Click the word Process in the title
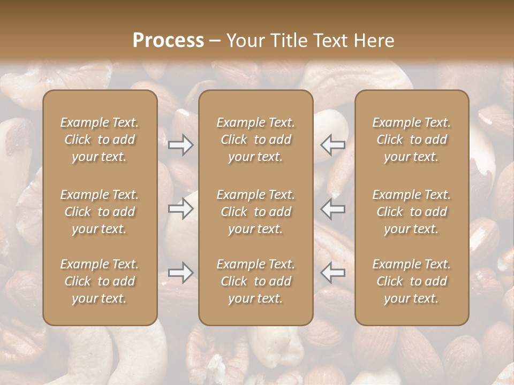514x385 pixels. point(168,41)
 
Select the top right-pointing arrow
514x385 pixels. point(181,145)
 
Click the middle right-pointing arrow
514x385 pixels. point(181,209)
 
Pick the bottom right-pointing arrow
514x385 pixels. point(181,273)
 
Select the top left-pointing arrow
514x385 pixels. point(332,145)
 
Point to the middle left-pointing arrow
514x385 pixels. point(332,209)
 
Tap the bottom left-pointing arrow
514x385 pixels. point(332,273)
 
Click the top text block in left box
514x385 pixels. point(100,140)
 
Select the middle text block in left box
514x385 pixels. point(100,212)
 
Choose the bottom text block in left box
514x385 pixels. point(100,281)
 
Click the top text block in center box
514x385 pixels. point(255,140)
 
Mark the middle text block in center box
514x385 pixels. point(255,212)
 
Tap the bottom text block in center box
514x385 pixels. point(255,281)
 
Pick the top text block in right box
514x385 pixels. point(411,140)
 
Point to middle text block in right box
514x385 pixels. point(411,212)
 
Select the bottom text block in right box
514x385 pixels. point(411,281)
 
